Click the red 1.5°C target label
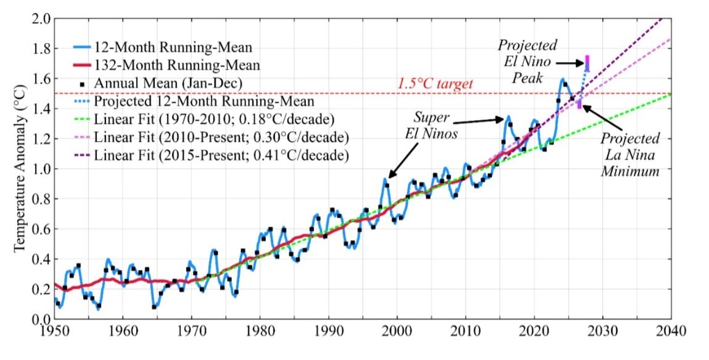click(435, 84)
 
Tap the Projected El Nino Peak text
click(527, 61)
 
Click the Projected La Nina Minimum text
click(631, 155)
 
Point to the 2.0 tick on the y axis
click(43, 19)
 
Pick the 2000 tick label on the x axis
click(397, 330)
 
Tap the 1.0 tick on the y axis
click(43, 169)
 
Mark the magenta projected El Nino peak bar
click(587, 62)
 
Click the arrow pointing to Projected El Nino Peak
click(570, 64)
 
